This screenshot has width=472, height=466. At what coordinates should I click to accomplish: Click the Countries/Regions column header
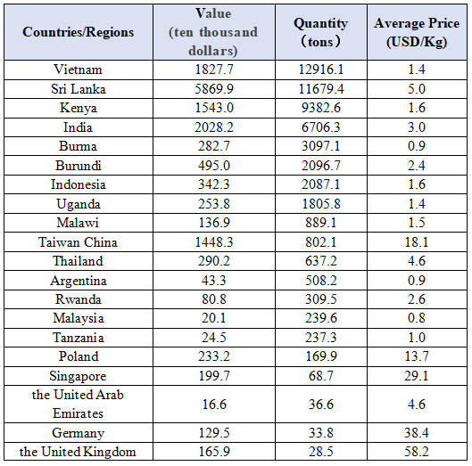pos(79,32)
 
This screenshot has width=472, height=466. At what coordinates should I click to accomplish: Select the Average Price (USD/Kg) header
pos(417,32)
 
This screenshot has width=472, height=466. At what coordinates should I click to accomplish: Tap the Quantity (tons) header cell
pos(321,32)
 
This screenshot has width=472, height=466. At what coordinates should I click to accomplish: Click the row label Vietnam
pos(79,69)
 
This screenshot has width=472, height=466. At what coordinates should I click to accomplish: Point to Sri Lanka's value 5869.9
pos(214,89)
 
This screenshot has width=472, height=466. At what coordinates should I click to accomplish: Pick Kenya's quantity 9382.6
pos(321,108)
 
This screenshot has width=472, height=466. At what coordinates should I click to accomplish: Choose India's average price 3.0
pos(417,127)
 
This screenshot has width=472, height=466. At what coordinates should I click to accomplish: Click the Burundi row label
pos(79,166)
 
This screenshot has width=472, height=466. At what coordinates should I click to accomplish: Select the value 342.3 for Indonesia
pos(214,184)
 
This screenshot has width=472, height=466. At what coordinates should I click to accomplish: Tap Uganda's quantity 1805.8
pos(321,204)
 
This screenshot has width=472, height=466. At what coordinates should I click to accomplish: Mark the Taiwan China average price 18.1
pos(417,242)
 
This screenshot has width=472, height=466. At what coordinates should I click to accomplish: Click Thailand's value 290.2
pos(214,261)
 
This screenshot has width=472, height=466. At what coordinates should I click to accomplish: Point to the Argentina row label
pos(79,281)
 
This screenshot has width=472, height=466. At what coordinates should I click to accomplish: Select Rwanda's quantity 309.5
pos(321,299)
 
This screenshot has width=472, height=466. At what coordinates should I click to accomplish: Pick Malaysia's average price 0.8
pos(417,318)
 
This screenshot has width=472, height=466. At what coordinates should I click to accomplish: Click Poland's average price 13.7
pos(417,356)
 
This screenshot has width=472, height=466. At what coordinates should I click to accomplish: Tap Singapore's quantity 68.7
pos(321,376)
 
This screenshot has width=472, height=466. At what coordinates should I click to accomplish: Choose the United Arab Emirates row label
pos(79,404)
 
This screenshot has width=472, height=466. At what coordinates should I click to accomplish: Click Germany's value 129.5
pos(214,433)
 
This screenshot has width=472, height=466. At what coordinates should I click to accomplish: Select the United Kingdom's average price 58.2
pos(417,452)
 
